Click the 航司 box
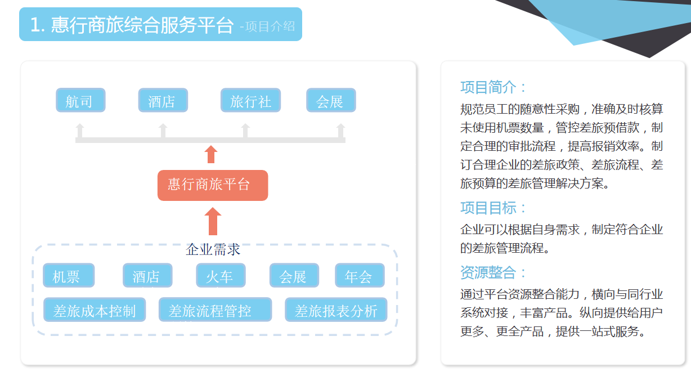pyautogui.click(x=80, y=100)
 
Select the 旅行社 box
pyautogui.click(x=250, y=100)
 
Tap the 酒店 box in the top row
pyautogui.click(x=163, y=100)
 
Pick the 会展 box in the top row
pyautogui.click(x=331, y=100)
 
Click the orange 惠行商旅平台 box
pyautogui.click(x=213, y=185)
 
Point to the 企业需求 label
pyautogui.click(x=213, y=249)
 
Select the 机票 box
pyautogui.click(x=69, y=275)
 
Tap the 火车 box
pyautogui.click(x=221, y=275)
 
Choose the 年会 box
pyautogui.click(x=360, y=275)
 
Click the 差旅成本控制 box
pyautogui.click(x=95, y=310)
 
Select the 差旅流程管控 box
pyautogui.click(x=215, y=310)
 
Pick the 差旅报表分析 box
pyautogui.click(x=336, y=310)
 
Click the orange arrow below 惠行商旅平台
pyautogui.click(x=213, y=221)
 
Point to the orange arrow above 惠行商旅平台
pyautogui.click(x=211, y=154)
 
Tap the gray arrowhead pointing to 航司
pyautogui.click(x=80, y=127)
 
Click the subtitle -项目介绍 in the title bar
pyautogui.click(x=267, y=26)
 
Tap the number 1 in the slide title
pyautogui.click(x=35, y=25)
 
